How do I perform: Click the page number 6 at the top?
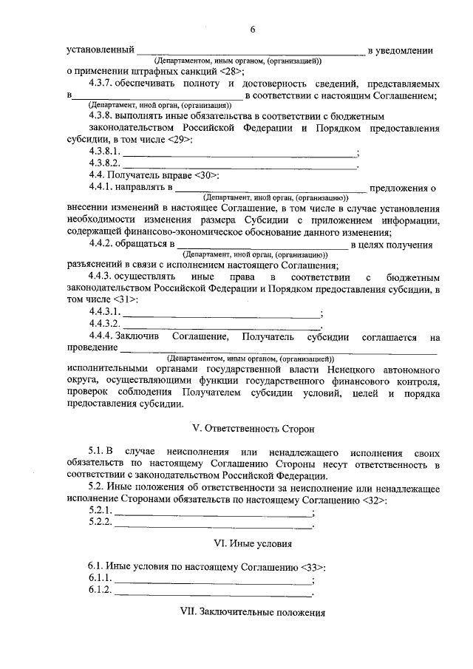coord(252,30)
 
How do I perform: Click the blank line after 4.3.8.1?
coord(238,153)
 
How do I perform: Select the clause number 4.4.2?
coord(104,243)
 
